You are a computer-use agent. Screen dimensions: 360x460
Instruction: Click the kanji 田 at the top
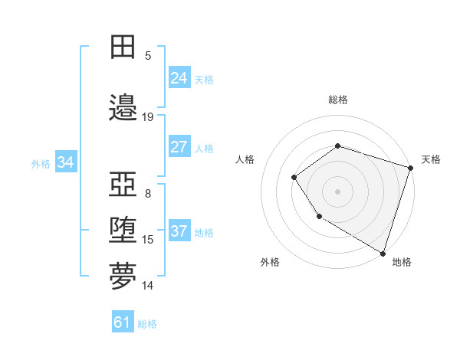click(123, 47)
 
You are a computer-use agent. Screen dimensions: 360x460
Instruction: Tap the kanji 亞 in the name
click(123, 183)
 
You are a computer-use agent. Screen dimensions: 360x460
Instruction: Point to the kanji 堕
click(123, 230)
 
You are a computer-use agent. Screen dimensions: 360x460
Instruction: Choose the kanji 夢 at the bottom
click(123, 277)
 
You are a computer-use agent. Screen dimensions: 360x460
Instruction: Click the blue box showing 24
click(179, 78)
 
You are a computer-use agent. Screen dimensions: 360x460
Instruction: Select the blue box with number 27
click(179, 147)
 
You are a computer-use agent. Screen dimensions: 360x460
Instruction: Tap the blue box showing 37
click(179, 232)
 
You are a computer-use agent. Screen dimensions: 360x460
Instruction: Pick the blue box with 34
click(65, 162)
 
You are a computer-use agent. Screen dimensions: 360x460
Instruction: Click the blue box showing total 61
click(123, 322)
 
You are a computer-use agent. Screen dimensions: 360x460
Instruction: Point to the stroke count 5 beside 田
click(148, 55)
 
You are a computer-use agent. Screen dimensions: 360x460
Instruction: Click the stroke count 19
click(148, 117)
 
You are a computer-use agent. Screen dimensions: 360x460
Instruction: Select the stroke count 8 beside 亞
click(148, 193)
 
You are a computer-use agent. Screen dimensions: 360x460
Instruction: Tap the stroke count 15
click(148, 240)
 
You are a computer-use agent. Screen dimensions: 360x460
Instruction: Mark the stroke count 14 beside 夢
click(148, 286)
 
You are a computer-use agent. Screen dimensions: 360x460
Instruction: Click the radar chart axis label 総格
click(338, 100)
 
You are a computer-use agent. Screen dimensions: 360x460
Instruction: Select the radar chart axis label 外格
click(270, 262)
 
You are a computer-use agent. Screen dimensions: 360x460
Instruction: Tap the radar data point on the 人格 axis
click(294, 178)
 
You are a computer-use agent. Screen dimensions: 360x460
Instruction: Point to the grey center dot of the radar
click(337, 191)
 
